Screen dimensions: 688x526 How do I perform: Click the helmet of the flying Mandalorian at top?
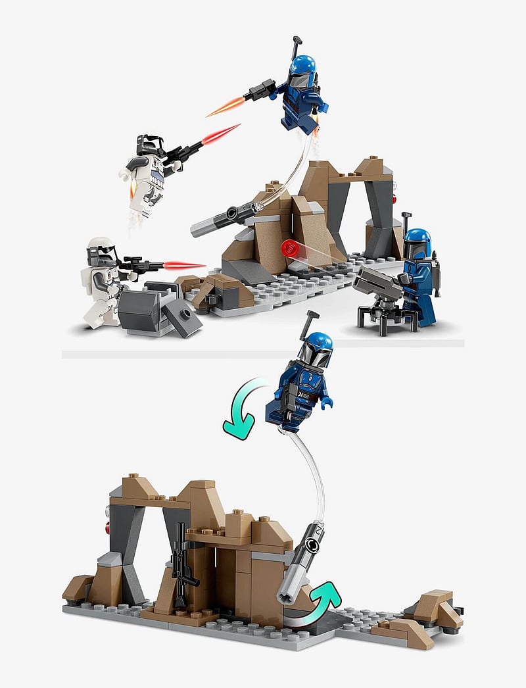(302, 69)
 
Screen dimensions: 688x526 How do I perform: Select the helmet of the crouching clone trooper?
(101, 251)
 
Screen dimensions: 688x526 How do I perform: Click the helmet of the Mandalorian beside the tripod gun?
(417, 243)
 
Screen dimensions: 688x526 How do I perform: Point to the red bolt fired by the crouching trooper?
(183, 265)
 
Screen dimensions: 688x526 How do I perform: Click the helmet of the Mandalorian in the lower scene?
(315, 350)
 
